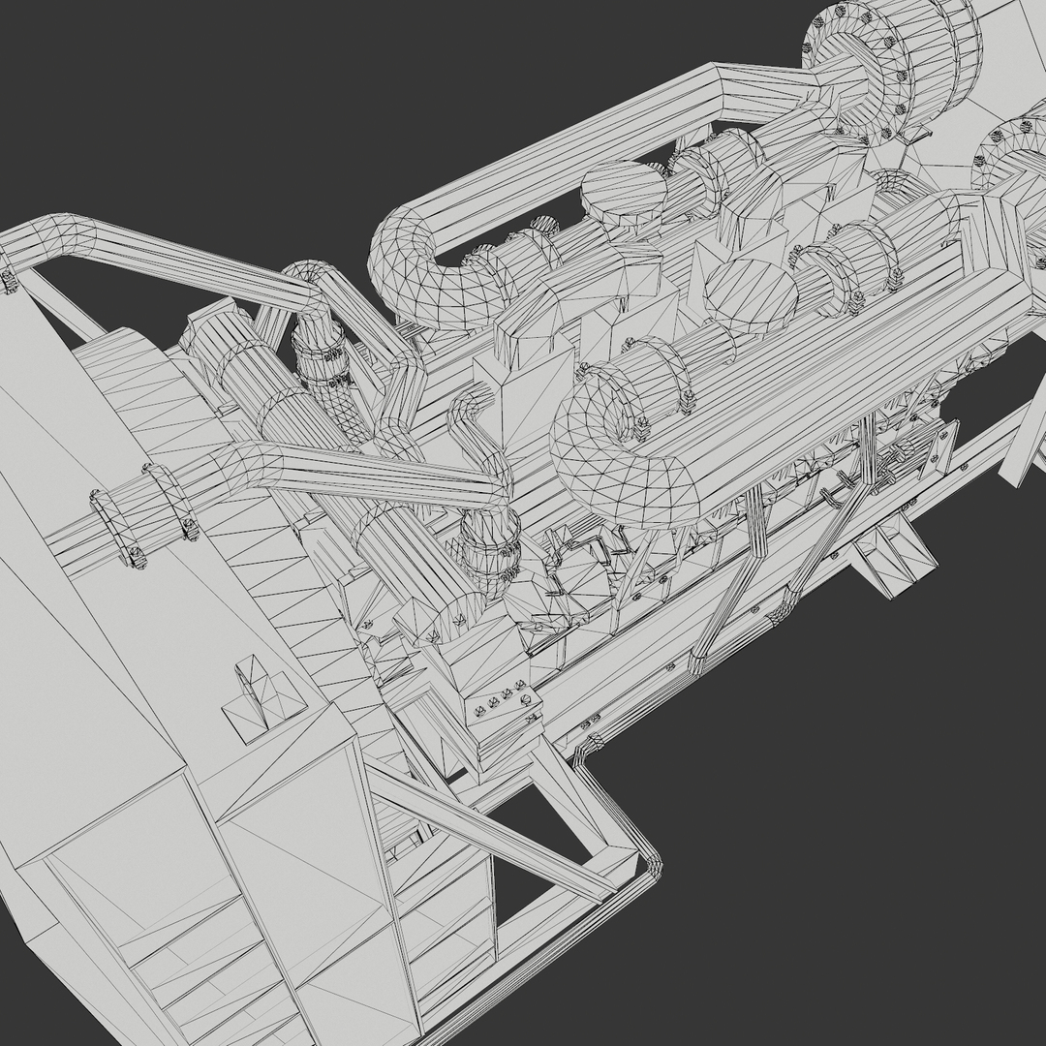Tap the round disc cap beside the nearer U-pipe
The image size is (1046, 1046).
coord(750,292)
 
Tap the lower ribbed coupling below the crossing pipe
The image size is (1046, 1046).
coord(488,552)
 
